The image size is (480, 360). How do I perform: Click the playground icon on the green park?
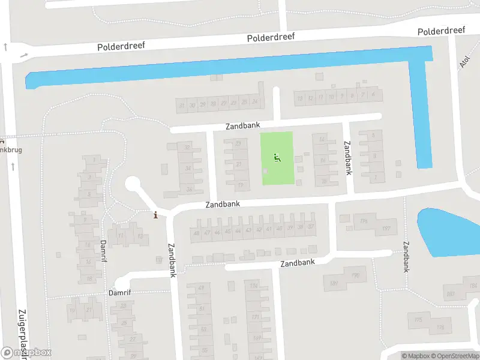click(277, 158)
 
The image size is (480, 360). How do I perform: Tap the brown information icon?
click(156, 215)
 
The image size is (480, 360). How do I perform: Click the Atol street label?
click(464, 63)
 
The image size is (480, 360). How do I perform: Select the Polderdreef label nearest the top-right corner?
click(442, 31)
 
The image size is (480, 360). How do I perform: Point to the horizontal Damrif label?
click(119, 293)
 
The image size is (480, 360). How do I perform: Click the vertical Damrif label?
click(103, 251)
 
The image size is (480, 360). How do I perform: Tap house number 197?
click(386, 229)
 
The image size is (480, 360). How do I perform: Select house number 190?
click(355, 275)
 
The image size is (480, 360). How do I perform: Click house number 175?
click(418, 320)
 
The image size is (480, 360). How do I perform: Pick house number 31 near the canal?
click(182, 105)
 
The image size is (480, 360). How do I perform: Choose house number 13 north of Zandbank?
click(299, 98)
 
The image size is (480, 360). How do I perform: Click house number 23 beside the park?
click(239, 143)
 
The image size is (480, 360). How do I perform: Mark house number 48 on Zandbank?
click(196, 233)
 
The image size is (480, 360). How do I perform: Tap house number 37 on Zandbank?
click(310, 227)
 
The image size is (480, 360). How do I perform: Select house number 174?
click(254, 286)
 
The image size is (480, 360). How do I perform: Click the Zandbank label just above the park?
click(242, 126)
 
